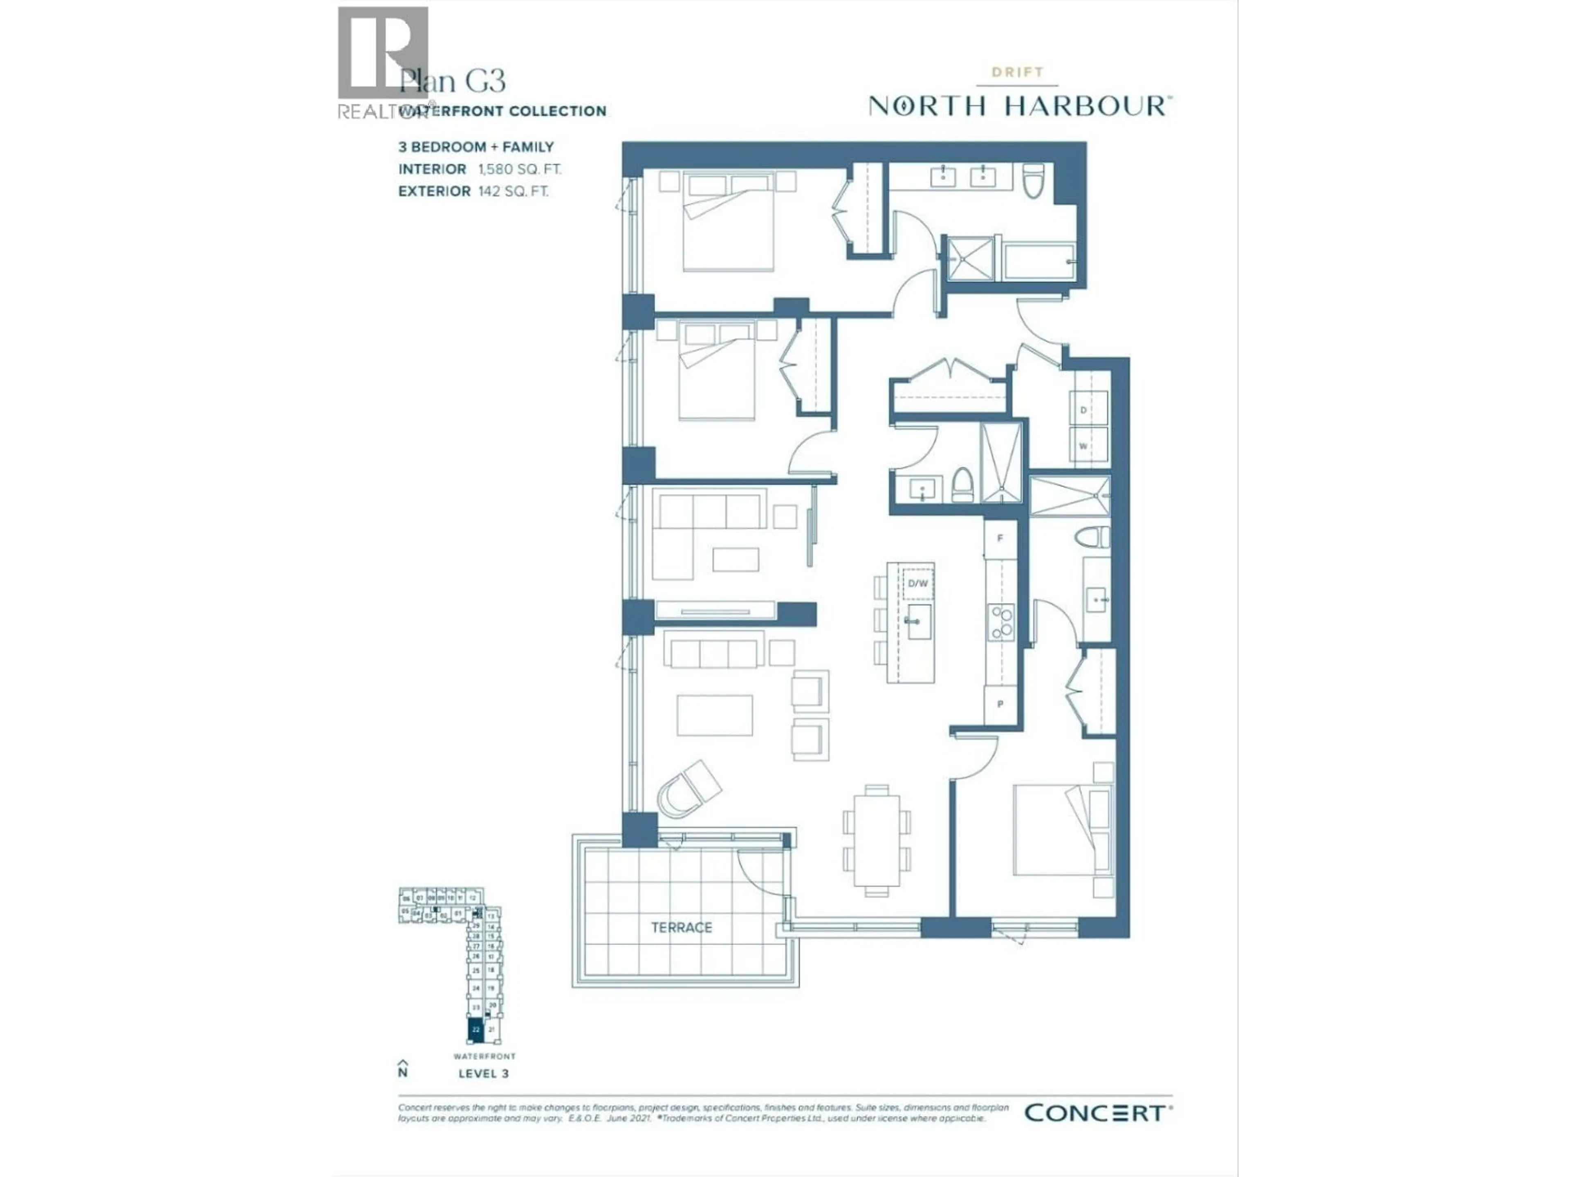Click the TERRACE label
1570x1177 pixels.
pos(682,927)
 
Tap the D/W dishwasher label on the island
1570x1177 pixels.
pos(918,583)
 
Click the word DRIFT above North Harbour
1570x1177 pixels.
pos(1017,72)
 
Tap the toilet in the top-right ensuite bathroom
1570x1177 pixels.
pos(1033,181)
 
